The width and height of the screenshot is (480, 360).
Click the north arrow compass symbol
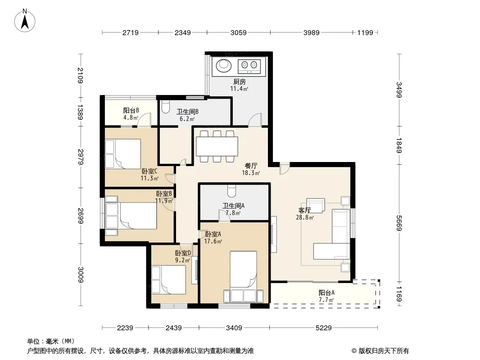[25, 20]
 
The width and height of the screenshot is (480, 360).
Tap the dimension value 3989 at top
[311, 32]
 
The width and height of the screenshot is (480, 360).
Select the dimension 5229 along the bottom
[324, 328]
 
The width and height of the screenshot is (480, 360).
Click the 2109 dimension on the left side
[80, 75]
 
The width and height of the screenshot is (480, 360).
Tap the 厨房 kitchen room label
[240, 81]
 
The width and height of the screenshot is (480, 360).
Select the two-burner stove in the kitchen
[249, 66]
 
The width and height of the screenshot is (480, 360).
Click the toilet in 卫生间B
[165, 107]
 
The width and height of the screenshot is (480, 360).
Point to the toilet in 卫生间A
[232, 191]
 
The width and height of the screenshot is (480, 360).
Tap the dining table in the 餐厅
[217, 147]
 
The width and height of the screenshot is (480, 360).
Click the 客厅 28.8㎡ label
[305, 214]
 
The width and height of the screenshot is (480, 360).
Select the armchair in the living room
[316, 205]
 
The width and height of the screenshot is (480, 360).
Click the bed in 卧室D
[169, 280]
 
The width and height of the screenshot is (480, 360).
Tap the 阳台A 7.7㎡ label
[326, 296]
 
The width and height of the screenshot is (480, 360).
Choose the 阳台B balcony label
[131, 110]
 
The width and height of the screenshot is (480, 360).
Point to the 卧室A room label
[213, 234]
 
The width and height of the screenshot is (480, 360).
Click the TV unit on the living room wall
[273, 234]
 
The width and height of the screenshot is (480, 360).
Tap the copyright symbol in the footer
[354, 351]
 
